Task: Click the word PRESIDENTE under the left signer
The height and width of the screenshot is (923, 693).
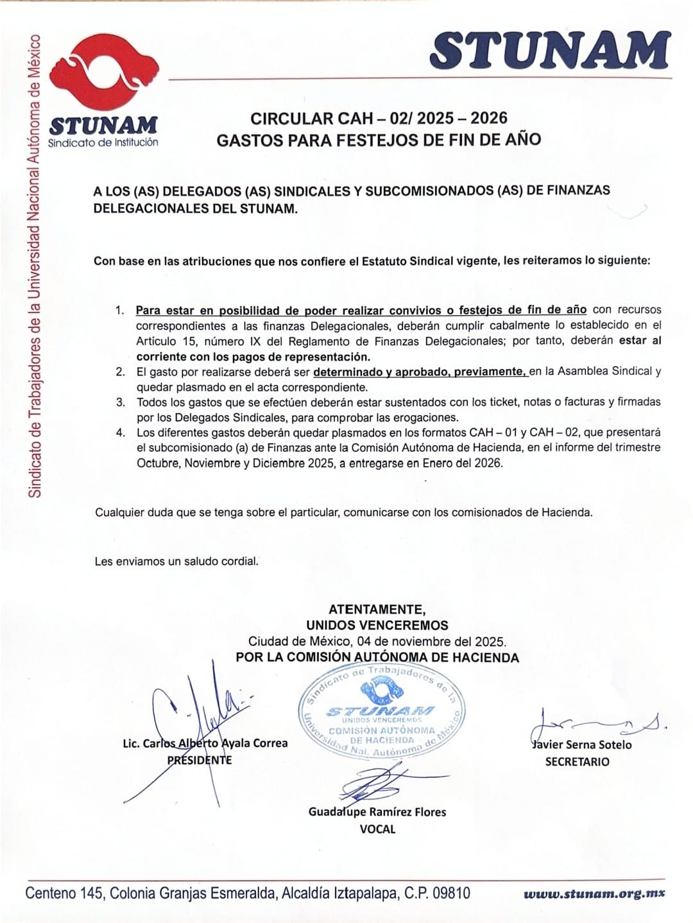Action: [200, 761]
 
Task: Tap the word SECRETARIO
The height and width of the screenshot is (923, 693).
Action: [577, 762]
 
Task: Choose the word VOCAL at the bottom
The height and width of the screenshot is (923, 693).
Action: [377, 829]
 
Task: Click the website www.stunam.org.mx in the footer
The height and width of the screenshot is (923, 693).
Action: [594, 893]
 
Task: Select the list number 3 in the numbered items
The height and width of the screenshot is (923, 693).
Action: [121, 402]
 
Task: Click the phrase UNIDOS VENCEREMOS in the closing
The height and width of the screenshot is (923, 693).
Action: [377, 625]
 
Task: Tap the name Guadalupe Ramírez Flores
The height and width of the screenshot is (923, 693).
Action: [377, 812]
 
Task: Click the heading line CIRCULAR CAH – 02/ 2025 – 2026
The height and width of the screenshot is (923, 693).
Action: [379, 118]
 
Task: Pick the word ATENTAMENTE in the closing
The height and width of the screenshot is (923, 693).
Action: [377, 609]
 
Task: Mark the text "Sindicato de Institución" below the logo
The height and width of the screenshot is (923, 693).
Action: [103, 142]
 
